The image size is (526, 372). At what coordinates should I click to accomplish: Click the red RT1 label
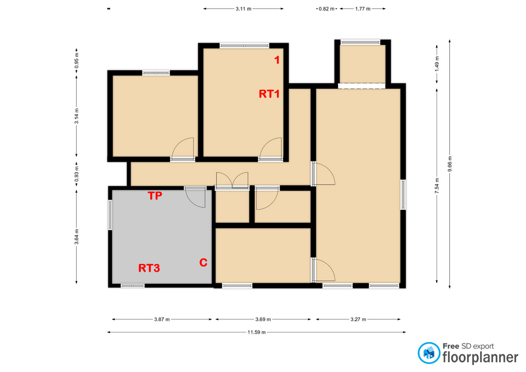click(x=270, y=94)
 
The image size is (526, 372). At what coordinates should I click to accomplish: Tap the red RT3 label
click(x=148, y=268)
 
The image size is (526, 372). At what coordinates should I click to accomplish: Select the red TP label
click(x=155, y=196)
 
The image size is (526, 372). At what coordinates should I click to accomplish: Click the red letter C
click(x=203, y=263)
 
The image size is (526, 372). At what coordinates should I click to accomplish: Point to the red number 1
click(x=277, y=61)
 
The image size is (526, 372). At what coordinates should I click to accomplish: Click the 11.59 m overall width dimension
click(x=256, y=332)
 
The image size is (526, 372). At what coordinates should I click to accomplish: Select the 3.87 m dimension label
click(x=162, y=319)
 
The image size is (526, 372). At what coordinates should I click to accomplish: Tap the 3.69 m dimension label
click(x=264, y=319)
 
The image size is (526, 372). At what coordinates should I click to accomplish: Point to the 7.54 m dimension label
click(x=437, y=186)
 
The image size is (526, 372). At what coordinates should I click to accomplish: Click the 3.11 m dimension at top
click(x=243, y=9)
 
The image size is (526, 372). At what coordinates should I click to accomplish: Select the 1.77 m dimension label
click(x=362, y=9)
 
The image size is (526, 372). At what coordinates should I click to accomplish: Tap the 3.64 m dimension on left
click(x=76, y=237)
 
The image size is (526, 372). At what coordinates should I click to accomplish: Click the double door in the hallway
click(x=232, y=181)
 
